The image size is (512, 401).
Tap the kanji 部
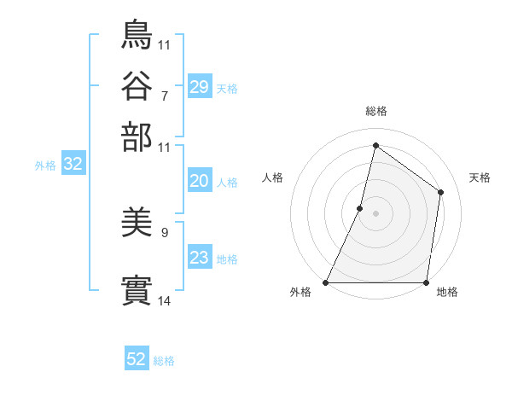tap(137, 137)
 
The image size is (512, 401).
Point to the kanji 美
tap(137, 224)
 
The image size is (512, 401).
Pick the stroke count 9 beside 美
tap(165, 231)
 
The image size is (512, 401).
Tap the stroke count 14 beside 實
tap(165, 300)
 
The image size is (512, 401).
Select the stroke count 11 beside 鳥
tap(165, 44)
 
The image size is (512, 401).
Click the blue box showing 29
tap(200, 87)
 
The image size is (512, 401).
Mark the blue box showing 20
tap(200, 181)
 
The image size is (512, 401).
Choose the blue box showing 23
tap(200, 258)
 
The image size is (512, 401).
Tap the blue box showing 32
tap(73, 165)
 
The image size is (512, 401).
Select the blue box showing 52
tap(137, 359)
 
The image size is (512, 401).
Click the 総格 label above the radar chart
tap(375, 111)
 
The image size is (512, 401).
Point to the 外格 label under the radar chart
tap(300, 293)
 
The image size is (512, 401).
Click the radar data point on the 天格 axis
tap(441, 192)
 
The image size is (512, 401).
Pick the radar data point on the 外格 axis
tap(326, 282)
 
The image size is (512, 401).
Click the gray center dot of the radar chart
tap(375, 213)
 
